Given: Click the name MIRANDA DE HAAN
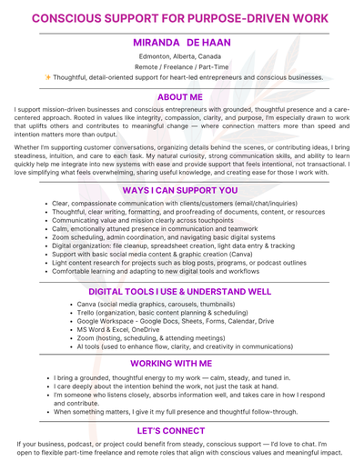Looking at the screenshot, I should point(181,42).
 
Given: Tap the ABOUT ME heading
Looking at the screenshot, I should point(181,97).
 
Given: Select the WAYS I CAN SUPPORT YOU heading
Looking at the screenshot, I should point(181,190).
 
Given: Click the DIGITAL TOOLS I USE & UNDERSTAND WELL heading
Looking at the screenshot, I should point(181,291).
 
